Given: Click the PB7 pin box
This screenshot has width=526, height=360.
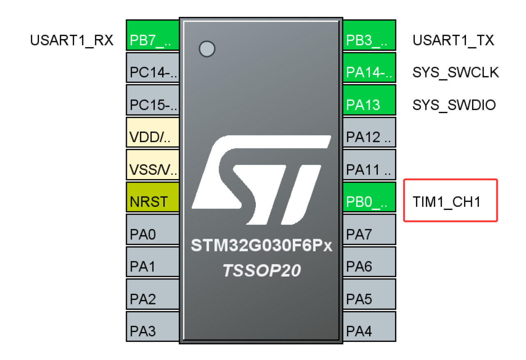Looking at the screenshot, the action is [x=153, y=35].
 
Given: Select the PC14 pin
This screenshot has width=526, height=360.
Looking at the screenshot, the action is [x=153, y=68].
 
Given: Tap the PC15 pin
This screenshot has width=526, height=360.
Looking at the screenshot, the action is [x=153, y=100].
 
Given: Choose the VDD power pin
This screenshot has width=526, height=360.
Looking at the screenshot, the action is [x=153, y=132].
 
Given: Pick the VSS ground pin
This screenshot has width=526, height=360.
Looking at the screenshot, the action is [x=153, y=164].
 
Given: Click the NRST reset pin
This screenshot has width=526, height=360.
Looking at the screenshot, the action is [x=153, y=197].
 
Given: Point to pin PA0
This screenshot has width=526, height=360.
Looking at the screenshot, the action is [x=153, y=229].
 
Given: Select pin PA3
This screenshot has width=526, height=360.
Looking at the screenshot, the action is [x=153, y=326].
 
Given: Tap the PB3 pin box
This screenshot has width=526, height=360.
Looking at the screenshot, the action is [x=369, y=35].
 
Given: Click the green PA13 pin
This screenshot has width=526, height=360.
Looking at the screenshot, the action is [x=369, y=100].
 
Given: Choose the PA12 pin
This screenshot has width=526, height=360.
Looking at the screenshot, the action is [x=369, y=132].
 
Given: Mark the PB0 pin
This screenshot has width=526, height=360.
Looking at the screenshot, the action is [x=369, y=197].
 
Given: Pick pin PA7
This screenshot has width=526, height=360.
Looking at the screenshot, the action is [x=369, y=229].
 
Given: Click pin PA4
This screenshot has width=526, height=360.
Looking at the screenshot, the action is [x=369, y=326].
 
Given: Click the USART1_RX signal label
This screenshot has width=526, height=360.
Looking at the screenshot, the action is [x=72, y=40].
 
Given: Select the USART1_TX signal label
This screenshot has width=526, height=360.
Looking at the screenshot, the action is [x=453, y=40].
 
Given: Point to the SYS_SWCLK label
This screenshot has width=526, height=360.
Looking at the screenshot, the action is [x=456, y=72].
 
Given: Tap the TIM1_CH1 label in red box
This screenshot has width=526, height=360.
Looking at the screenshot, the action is [x=446, y=202].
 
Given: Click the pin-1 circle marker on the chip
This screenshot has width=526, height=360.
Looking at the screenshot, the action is [x=207, y=49].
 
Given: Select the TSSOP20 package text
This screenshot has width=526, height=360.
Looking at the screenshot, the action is [x=262, y=270].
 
